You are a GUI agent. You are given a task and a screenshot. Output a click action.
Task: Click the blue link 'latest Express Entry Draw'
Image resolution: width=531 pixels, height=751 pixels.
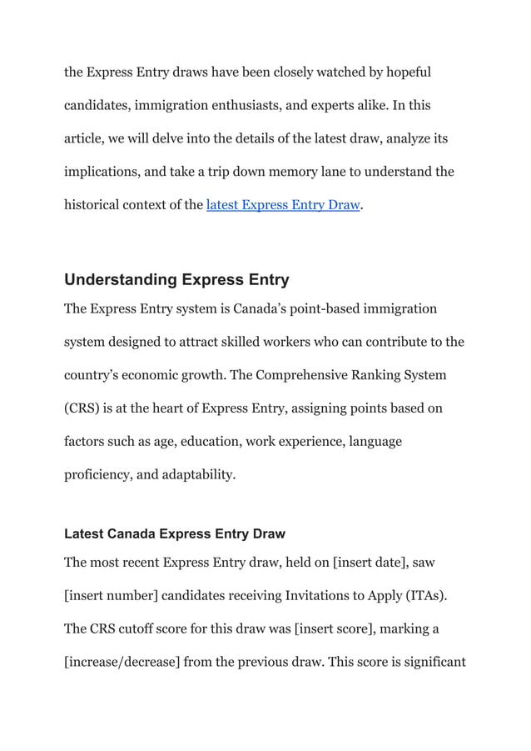(x=283, y=205)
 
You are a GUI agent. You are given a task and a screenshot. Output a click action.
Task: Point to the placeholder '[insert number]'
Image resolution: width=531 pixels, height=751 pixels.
(x=111, y=596)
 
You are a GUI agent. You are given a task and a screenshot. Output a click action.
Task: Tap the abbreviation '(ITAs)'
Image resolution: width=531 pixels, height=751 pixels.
(x=425, y=596)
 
